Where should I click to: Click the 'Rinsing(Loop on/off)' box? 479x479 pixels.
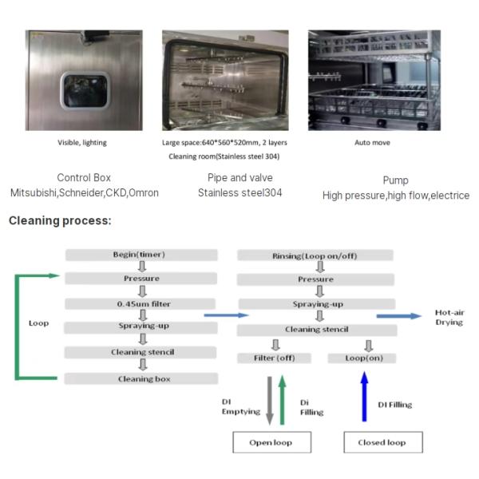pyautogui.click(x=315, y=257)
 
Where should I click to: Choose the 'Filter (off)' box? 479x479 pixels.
pyautogui.click(x=274, y=358)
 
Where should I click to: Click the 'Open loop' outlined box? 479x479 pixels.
pyautogui.click(x=271, y=442)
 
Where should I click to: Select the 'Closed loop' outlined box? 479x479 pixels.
pyautogui.click(x=384, y=442)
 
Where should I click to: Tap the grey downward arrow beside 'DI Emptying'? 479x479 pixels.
pyautogui.click(x=269, y=399)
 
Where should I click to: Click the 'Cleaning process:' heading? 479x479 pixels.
pyautogui.click(x=60, y=220)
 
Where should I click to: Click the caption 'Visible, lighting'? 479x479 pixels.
pyautogui.click(x=81, y=142)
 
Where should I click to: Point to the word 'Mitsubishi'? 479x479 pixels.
pyautogui.click(x=34, y=193)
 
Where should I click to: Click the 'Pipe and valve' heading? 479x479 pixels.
pyautogui.click(x=240, y=178)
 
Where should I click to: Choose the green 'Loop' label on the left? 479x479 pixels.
pyautogui.click(x=38, y=323)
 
